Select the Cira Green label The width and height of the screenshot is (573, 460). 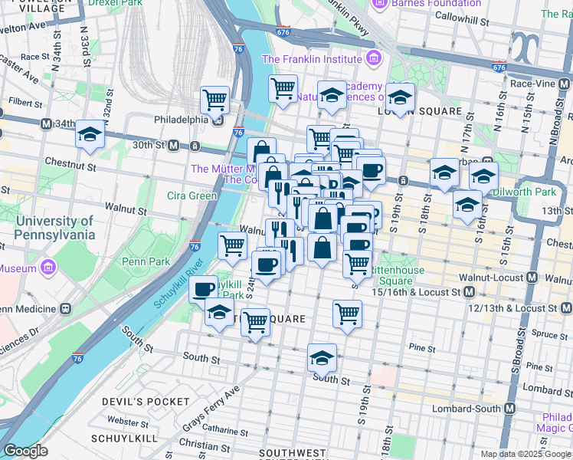(192, 195)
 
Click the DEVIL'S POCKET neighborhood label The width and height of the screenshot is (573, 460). (150, 402)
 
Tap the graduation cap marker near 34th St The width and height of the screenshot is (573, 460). (90, 135)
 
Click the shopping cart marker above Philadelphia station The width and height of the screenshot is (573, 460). (215, 99)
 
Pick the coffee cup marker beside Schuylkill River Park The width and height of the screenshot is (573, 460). (204, 289)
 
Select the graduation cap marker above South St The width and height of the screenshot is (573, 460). (322, 357)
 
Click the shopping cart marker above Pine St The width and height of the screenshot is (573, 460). (347, 314)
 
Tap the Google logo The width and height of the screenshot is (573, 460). (25, 451)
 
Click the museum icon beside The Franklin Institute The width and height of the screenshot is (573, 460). (374, 58)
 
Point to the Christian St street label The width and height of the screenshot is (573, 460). (205, 444)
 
